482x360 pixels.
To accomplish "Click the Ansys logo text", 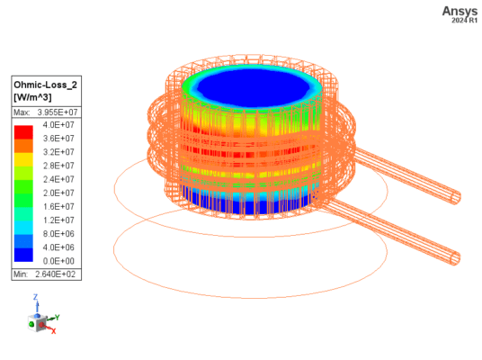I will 456,10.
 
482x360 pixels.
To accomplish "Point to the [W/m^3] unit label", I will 34,97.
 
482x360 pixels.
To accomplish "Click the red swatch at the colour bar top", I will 24,131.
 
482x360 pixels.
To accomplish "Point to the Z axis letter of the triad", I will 35,296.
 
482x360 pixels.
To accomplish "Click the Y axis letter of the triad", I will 57,317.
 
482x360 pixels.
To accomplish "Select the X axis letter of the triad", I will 53,331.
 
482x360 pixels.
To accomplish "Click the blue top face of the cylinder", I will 253,85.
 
